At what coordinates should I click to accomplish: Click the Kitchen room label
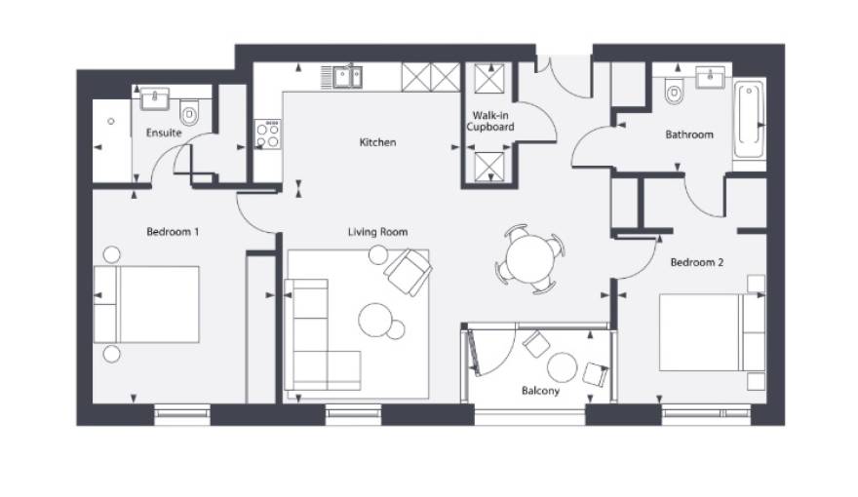tap(377, 142)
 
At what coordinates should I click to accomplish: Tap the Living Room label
tap(377, 232)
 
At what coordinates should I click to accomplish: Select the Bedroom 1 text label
tap(173, 232)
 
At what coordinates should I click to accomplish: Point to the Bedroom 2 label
tap(696, 262)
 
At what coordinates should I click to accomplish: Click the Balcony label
tap(540, 391)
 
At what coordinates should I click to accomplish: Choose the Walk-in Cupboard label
tap(489, 122)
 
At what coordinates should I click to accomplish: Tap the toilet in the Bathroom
tap(674, 92)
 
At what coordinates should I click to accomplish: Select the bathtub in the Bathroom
tap(749, 120)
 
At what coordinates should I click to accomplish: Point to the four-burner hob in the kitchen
tap(267, 134)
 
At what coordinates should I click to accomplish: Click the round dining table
tap(530, 258)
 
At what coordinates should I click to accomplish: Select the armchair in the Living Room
tap(409, 271)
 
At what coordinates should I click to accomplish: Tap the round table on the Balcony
tap(562, 367)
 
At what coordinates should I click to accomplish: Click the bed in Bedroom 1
tap(146, 305)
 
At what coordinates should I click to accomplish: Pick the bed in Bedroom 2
tap(712, 332)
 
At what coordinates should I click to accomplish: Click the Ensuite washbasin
tap(155, 98)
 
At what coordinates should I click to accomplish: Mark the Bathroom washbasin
tap(710, 77)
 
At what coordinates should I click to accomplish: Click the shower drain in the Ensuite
tap(111, 121)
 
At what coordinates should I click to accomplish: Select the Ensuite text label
tap(164, 133)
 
